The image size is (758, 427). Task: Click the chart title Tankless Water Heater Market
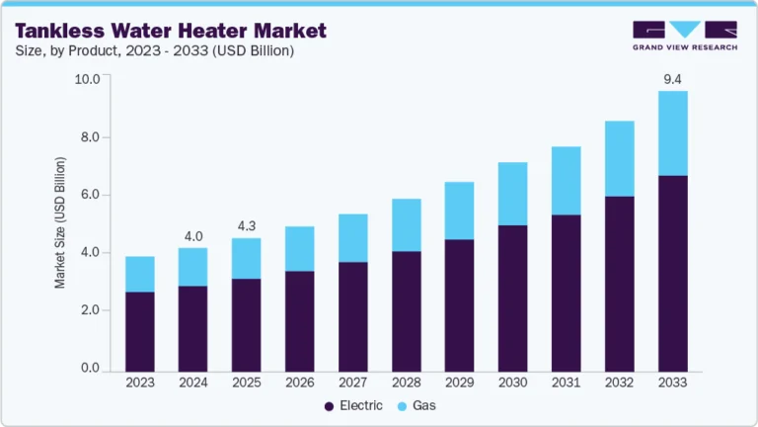pyautogui.click(x=170, y=31)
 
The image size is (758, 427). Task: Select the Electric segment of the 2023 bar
pyautogui.click(x=140, y=331)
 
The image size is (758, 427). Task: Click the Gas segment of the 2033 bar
pyautogui.click(x=673, y=133)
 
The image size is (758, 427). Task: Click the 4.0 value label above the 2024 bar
pyautogui.click(x=193, y=235)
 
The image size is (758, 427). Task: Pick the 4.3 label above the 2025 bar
pyautogui.click(x=247, y=225)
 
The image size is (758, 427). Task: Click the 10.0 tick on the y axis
pyautogui.click(x=88, y=79)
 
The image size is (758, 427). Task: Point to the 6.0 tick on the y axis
pyautogui.click(x=91, y=195)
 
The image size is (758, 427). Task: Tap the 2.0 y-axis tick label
pyautogui.click(x=91, y=310)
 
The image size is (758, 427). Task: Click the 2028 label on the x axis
pyautogui.click(x=406, y=383)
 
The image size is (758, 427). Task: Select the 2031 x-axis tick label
pyautogui.click(x=566, y=383)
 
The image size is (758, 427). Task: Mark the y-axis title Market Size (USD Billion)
pyautogui.click(x=60, y=222)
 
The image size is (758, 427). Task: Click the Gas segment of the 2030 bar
pyautogui.click(x=512, y=194)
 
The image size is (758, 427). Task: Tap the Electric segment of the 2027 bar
pyautogui.click(x=352, y=316)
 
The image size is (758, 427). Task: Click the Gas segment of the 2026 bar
pyautogui.click(x=299, y=248)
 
